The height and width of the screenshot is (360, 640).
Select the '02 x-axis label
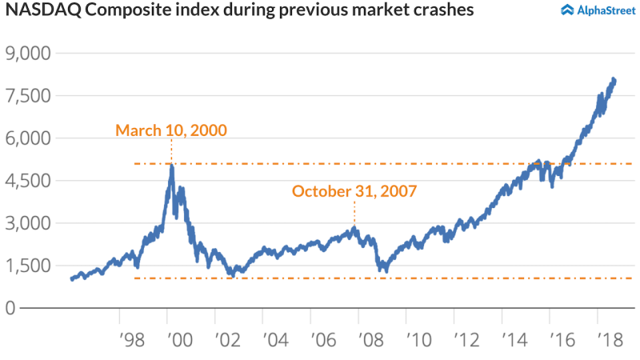(x=225, y=338)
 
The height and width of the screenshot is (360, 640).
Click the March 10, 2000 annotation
(x=171, y=130)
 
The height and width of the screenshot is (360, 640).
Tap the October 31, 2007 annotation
(x=354, y=191)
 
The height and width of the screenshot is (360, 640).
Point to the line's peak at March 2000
(x=171, y=166)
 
